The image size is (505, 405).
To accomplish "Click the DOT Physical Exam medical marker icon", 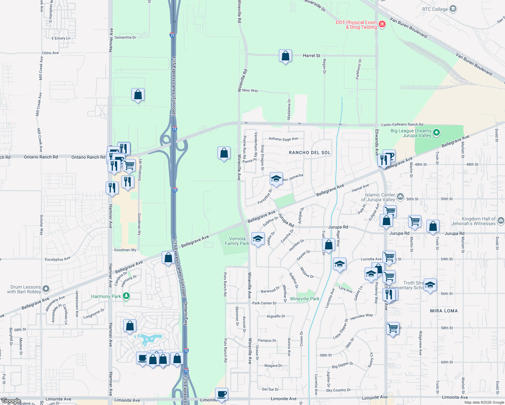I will (x=382, y=24).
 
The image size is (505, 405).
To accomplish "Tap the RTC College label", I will (x=435, y=9).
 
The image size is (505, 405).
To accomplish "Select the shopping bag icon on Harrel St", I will (x=285, y=56).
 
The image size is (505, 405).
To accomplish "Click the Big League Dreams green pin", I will (x=436, y=133).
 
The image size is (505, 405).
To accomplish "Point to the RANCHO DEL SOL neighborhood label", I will (x=310, y=153).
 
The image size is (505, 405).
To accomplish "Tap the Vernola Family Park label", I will (x=237, y=241).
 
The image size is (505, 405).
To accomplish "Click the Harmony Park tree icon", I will (x=126, y=296).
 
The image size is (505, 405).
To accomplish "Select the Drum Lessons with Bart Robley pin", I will (x=46, y=289).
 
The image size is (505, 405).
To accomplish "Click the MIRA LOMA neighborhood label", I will (x=444, y=311).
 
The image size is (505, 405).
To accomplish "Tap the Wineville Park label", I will (x=304, y=299).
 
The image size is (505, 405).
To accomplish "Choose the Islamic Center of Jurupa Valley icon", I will (x=400, y=196).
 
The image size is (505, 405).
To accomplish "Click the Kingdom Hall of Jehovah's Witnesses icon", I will (x=501, y=221).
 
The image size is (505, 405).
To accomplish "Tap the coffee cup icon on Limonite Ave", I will (x=221, y=394).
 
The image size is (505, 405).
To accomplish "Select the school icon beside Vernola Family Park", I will (x=258, y=239).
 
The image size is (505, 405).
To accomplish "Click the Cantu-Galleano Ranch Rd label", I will (x=402, y=125).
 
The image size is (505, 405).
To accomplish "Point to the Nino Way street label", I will (x=250, y=90).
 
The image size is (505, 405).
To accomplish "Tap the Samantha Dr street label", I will (x=125, y=37).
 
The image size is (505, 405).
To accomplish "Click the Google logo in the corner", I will (x=11, y=401).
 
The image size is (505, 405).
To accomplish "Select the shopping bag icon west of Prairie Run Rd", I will (x=224, y=153).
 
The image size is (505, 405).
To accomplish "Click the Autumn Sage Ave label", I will (x=283, y=139).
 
